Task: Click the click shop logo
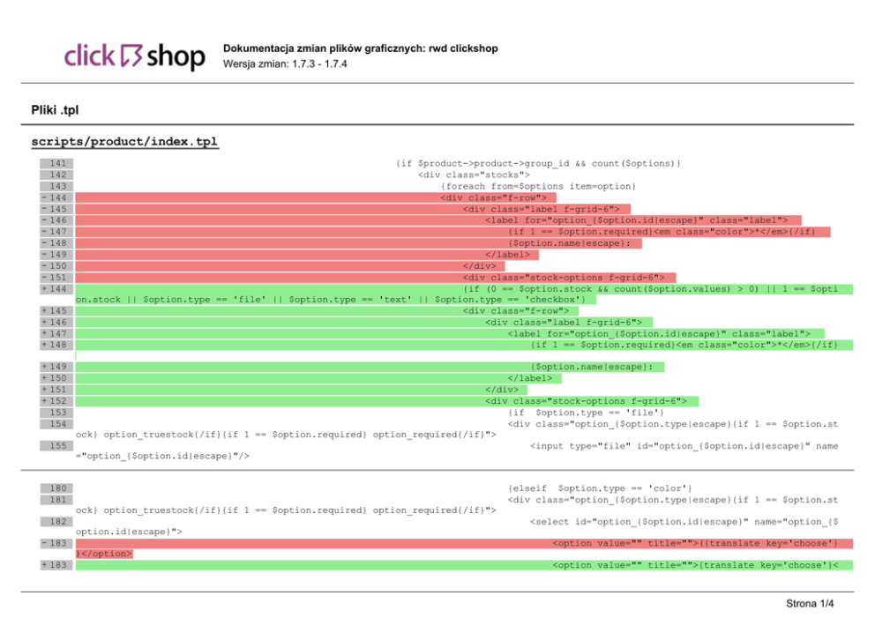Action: [x=134, y=56]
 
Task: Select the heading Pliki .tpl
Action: [x=55, y=110]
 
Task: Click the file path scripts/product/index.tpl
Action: [x=124, y=142]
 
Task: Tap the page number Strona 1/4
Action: [x=810, y=604]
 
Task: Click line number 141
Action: [x=57, y=164]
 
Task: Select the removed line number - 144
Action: [x=56, y=198]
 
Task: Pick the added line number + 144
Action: [x=56, y=289]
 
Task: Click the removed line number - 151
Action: [x=56, y=278]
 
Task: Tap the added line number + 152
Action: [x=56, y=401]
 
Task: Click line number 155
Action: [x=57, y=446]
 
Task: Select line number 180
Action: [x=57, y=488]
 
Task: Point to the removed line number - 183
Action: [x=56, y=543]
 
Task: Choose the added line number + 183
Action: [x=56, y=565]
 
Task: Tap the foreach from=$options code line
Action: [x=538, y=187]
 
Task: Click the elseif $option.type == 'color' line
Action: [x=600, y=488]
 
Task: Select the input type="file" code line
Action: [x=684, y=446]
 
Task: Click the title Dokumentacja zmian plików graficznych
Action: [x=361, y=48]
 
